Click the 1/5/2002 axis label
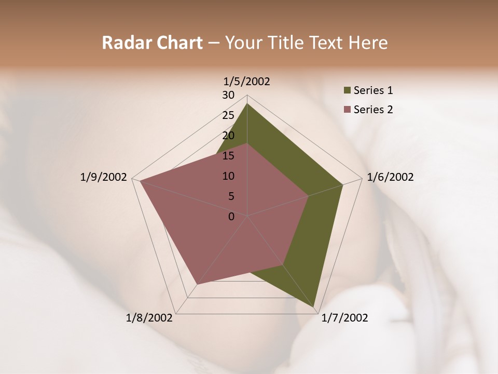click(246, 82)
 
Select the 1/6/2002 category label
click(390, 177)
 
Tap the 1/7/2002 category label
click(344, 318)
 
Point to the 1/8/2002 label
click(149, 318)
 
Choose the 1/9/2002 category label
click(103, 177)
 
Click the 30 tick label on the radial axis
click(228, 95)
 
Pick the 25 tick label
click(228, 115)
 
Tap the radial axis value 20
click(228, 136)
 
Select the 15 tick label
click(228, 156)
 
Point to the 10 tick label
click(228, 176)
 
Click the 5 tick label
click(231, 196)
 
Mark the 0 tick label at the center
click(231, 217)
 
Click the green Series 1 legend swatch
click(347, 91)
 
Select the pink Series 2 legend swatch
click(347, 110)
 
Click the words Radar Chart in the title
click(152, 43)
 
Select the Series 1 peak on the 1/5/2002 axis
click(247, 103)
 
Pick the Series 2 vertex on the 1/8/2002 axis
click(197, 284)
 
